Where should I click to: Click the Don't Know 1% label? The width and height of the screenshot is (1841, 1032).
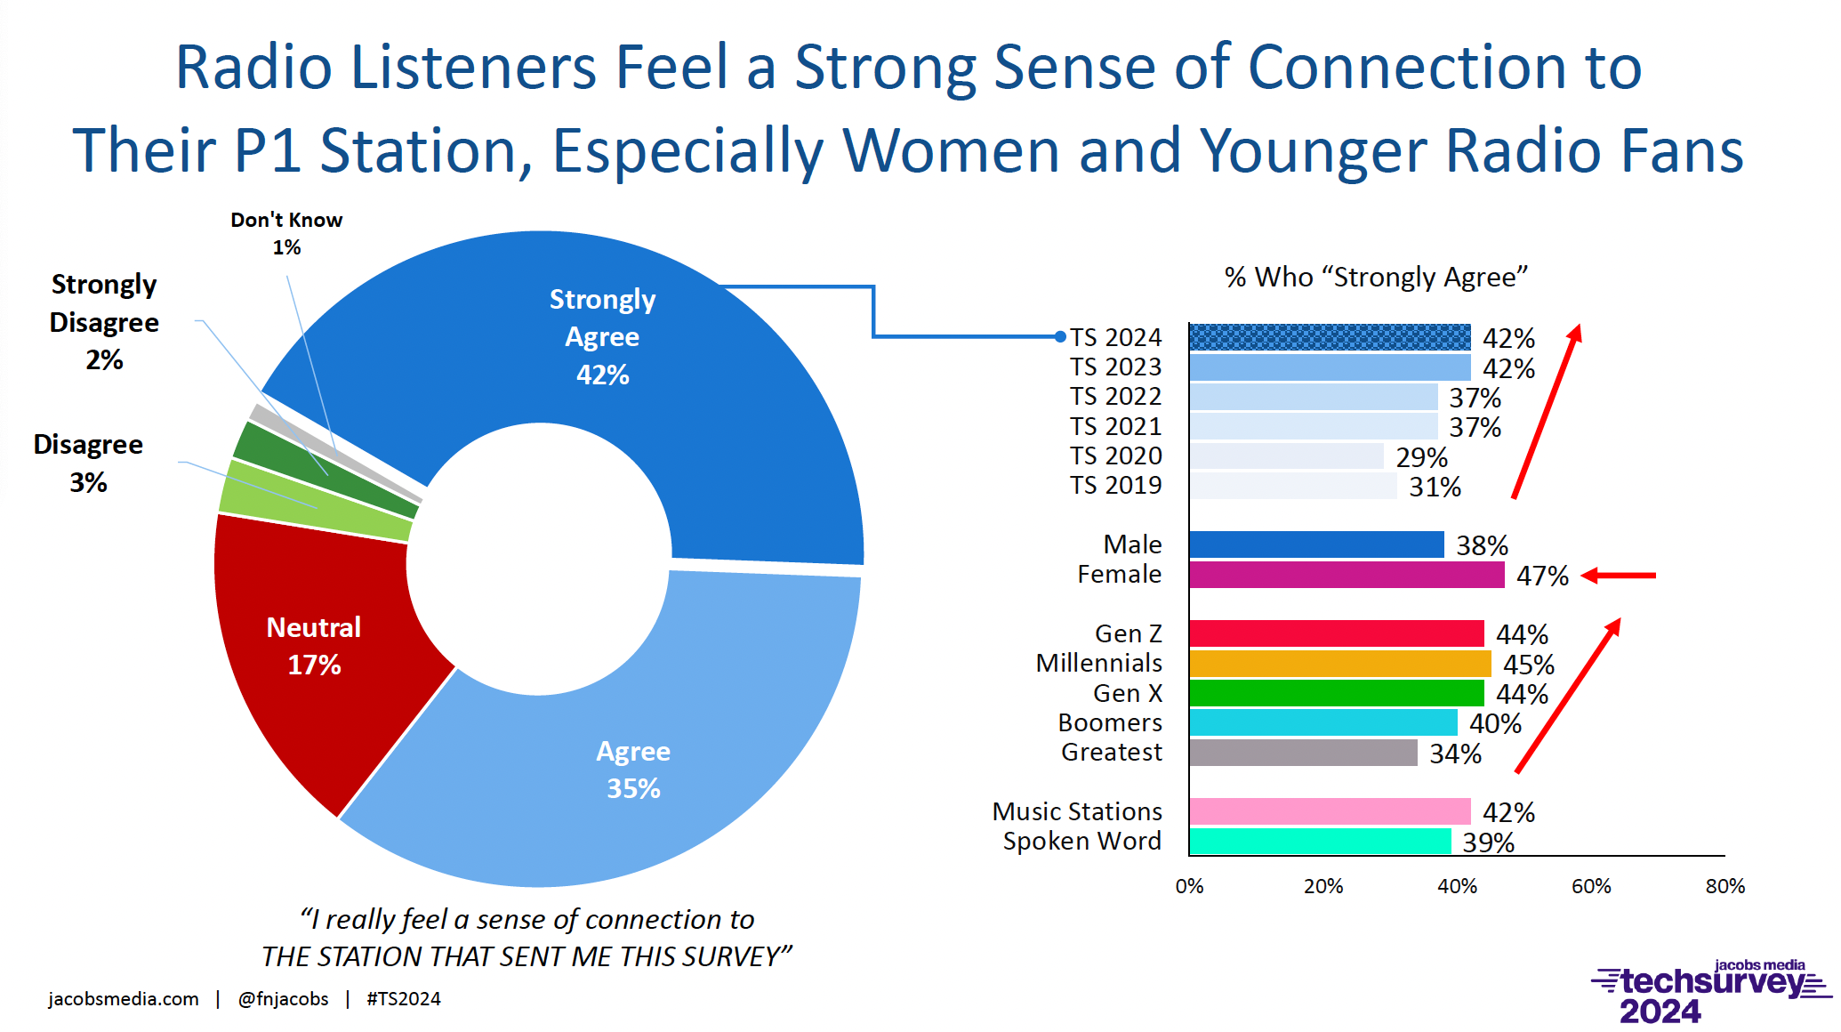(286, 233)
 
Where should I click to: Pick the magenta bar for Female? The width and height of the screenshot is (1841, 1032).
(1346, 575)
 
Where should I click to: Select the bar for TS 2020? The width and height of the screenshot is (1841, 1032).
(1286, 456)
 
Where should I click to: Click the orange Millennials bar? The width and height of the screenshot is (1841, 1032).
(1339, 664)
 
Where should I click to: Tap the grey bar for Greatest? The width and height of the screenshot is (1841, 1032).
(1303, 753)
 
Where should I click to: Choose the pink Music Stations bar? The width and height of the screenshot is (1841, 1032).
(1330, 811)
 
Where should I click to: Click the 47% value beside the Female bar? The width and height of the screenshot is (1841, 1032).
(1542, 576)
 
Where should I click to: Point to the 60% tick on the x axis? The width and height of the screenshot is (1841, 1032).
(1591, 886)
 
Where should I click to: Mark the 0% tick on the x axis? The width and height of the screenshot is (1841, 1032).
(1189, 886)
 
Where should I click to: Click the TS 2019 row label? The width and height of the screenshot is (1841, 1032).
(1115, 486)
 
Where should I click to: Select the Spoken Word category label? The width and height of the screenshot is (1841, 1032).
(1081, 842)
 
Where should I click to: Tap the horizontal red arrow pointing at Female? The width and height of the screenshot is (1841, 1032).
(1619, 576)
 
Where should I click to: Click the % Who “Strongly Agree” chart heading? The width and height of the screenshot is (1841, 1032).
(1375, 278)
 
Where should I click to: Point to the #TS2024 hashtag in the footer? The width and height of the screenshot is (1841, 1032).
(404, 999)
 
